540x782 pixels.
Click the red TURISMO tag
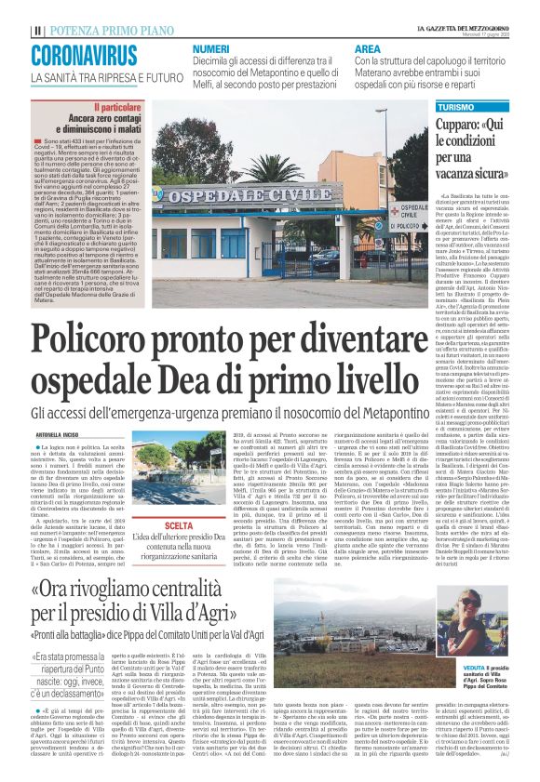tap(452, 109)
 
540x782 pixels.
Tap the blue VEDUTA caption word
tap(474, 694)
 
